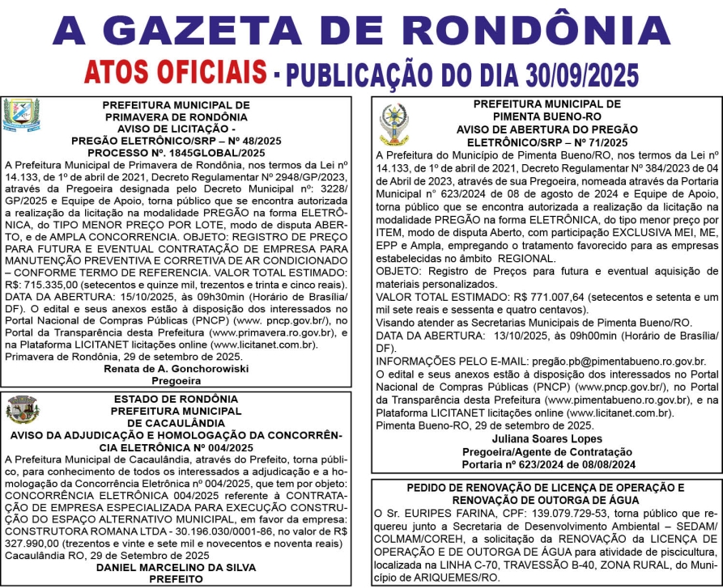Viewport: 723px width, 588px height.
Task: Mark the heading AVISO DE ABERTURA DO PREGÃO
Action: pos(547,129)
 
